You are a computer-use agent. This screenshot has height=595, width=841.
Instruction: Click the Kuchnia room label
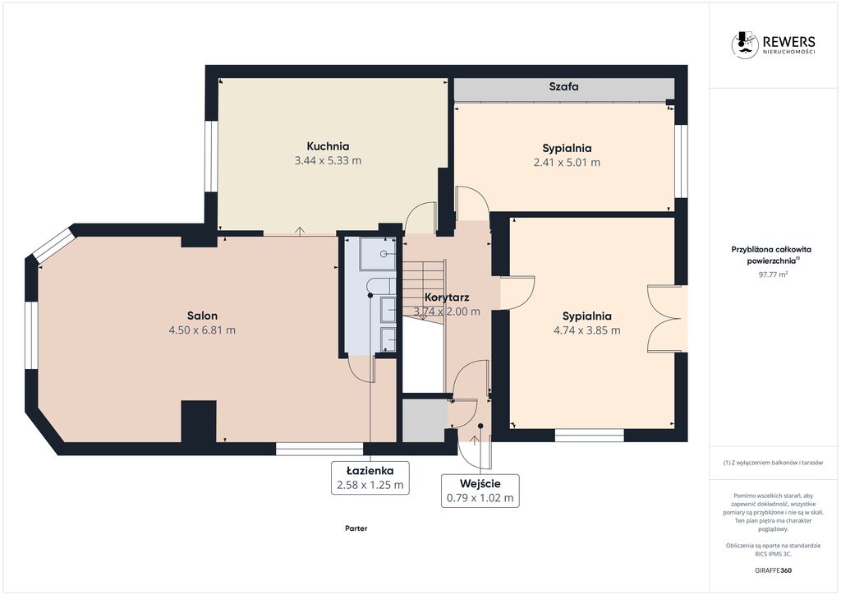coord(328,146)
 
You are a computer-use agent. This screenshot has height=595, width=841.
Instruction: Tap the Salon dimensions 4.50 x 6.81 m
coord(202,330)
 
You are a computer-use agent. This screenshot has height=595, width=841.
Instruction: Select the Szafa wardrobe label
coord(563,86)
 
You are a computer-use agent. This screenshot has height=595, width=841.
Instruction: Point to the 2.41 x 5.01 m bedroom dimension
coord(567,162)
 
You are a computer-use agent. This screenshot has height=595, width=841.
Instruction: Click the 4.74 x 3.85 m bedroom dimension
coord(586,330)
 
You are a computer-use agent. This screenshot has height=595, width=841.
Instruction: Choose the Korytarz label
coord(447,297)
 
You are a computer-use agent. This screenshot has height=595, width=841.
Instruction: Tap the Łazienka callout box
coord(370,477)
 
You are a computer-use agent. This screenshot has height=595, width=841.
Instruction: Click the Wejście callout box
coord(480,491)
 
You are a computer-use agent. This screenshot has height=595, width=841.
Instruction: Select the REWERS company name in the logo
coord(789,41)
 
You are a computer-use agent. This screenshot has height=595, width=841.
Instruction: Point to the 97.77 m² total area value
coord(773,274)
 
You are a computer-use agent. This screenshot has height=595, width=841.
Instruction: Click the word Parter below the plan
coord(356,528)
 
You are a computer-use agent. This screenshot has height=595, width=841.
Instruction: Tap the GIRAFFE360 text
coord(773,570)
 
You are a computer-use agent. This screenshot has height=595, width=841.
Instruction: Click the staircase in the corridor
coord(424,291)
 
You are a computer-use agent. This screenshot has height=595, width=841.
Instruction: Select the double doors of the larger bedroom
coord(665,319)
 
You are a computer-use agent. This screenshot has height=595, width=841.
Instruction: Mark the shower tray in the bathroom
coord(378,253)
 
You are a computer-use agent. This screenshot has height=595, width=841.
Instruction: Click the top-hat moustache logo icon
coord(745,44)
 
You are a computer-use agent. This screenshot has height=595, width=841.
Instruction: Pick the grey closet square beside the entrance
coord(425,421)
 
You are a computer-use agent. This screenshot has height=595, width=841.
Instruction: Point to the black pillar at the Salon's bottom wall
coord(199,422)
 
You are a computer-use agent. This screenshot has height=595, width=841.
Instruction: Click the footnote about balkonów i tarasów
coord(773,463)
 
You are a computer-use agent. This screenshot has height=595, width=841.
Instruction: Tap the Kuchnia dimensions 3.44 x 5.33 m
coord(328,160)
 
